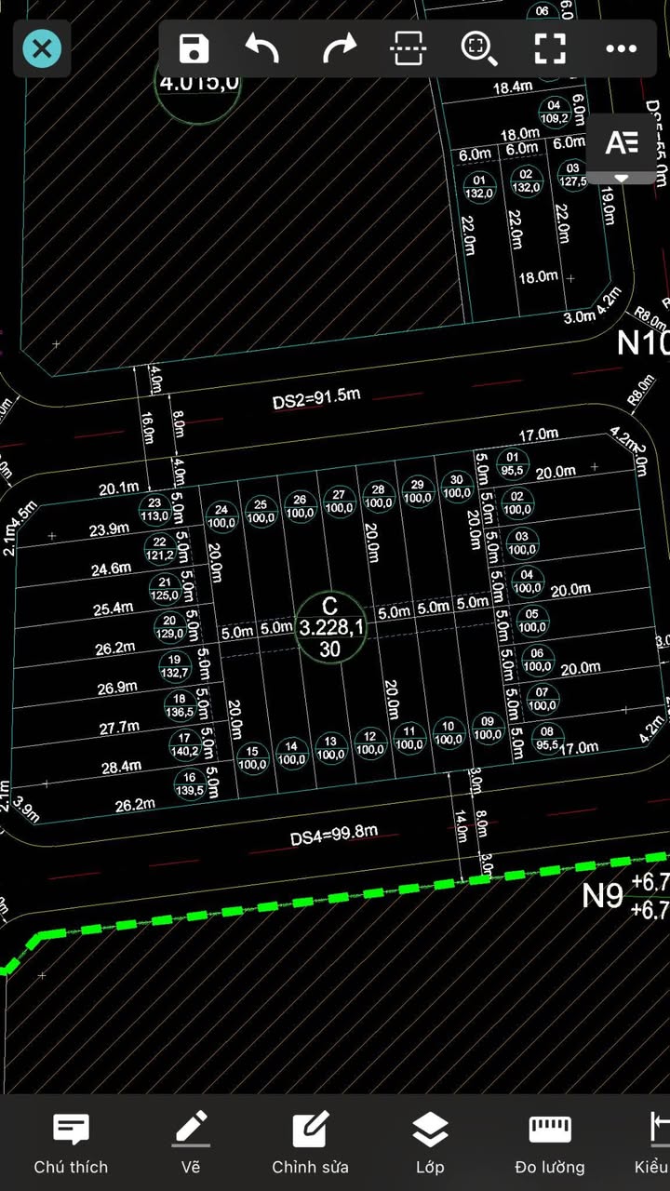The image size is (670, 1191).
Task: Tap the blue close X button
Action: point(42,48)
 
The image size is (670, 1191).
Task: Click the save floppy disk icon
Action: point(194,48)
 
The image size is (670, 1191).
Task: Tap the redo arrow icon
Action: point(339,48)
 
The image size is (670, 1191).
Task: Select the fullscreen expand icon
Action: point(550,48)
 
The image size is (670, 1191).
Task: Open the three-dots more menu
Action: point(621,48)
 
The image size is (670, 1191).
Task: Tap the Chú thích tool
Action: point(71,1143)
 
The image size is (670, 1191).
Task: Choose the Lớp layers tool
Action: point(430,1143)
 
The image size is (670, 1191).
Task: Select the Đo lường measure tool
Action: point(550,1143)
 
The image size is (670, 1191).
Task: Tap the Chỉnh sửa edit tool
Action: point(310,1143)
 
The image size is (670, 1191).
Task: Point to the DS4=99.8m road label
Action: point(333,835)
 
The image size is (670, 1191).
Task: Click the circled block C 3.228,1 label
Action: point(331,627)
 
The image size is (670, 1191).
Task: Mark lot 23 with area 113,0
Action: point(154,509)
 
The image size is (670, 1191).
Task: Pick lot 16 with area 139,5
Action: point(191,783)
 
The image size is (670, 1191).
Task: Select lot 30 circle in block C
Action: point(456,486)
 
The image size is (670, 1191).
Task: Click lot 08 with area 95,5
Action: point(546,738)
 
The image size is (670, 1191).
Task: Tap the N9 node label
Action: point(602,895)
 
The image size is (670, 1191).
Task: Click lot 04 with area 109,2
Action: point(555,112)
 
